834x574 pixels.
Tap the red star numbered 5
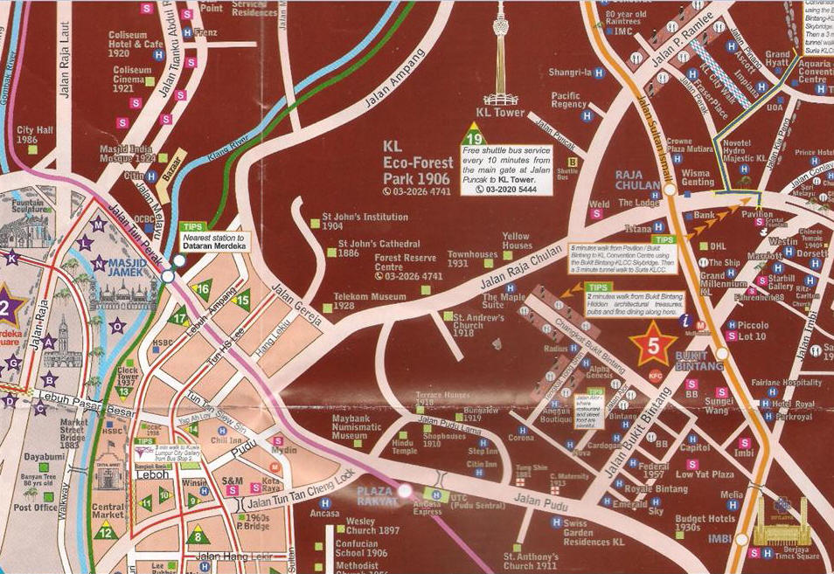pos(652,344)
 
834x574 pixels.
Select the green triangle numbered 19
pos(473,137)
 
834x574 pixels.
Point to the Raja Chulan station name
pos(641,179)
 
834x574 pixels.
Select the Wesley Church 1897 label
pos(372,526)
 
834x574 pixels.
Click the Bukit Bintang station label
pos(698,361)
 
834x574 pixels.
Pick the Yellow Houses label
pos(516,240)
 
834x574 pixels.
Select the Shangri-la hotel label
pos(570,73)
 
